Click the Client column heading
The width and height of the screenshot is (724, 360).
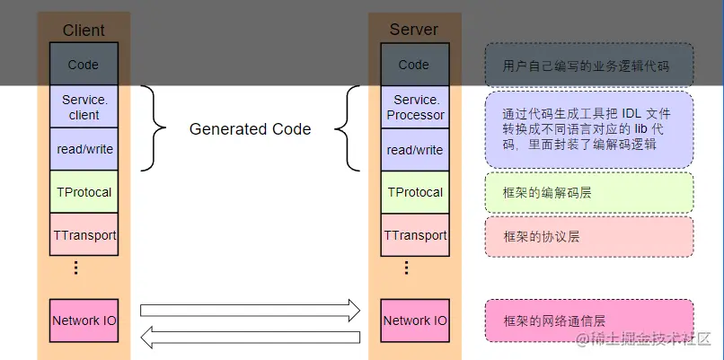pyautogui.click(x=84, y=31)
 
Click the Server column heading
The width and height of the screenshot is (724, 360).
pyautogui.click(x=414, y=30)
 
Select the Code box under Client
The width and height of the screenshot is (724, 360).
pyautogui.click(x=84, y=65)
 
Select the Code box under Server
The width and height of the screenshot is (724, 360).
pyautogui.click(x=414, y=65)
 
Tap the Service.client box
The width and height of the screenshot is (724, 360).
pyautogui.click(x=84, y=107)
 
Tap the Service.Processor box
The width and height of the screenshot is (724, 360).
pyautogui.click(x=415, y=107)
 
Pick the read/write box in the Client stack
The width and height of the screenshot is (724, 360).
pyautogui.click(x=84, y=149)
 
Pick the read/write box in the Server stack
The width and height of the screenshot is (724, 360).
pyautogui.click(x=415, y=150)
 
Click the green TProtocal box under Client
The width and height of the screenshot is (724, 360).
pyautogui.click(x=84, y=192)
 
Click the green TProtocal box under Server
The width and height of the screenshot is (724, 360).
pyautogui.click(x=415, y=192)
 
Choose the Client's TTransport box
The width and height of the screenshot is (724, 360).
pyautogui.click(x=84, y=235)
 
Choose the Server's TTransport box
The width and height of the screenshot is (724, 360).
pyautogui.click(x=415, y=235)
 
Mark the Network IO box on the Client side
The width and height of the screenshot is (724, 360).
pyautogui.click(x=84, y=320)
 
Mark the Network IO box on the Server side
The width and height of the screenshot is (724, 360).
pyautogui.click(x=415, y=320)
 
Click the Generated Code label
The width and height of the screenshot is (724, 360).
pyautogui.click(x=250, y=129)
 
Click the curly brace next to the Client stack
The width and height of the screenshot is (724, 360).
pyautogui.click(x=155, y=128)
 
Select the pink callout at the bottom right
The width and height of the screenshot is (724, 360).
pyautogui.click(x=589, y=320)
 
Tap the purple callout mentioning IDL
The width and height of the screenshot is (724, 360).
pyautogui.click(x=589, y=129)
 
